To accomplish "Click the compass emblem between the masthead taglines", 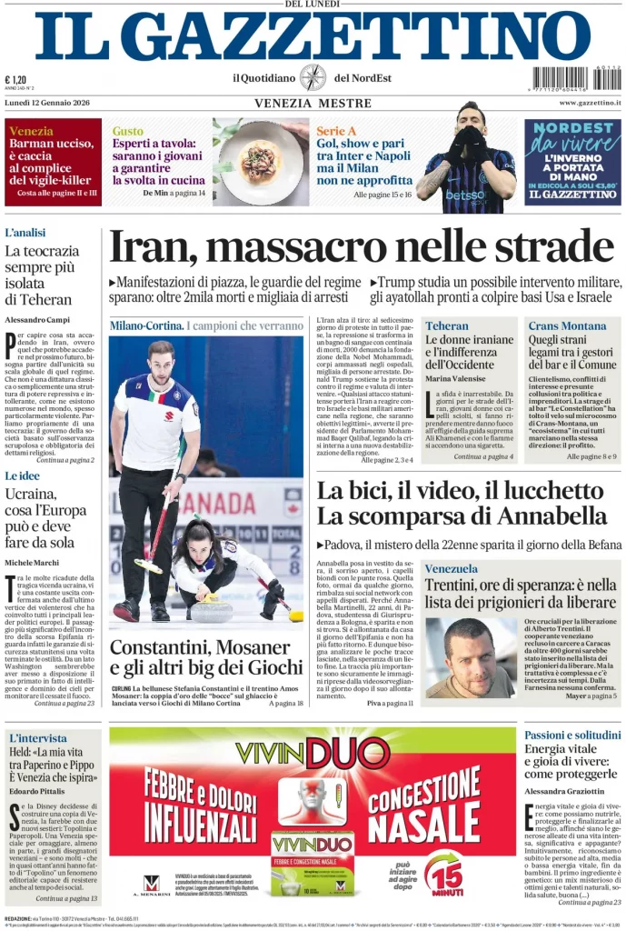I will click(313, 77).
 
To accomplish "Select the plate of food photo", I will click(260, 161).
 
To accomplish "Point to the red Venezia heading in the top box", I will click(31, 131).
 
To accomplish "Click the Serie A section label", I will click(335, 131).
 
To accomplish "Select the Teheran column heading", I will click(447, 325).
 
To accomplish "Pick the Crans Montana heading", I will click(567, 325).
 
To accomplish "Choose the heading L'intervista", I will click(38, 737).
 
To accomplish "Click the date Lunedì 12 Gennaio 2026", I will click(47, 103).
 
